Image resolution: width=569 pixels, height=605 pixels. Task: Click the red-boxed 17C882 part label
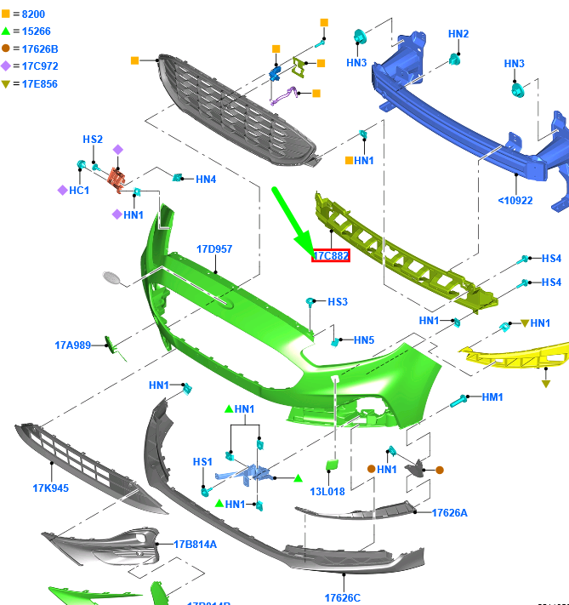(331, 255)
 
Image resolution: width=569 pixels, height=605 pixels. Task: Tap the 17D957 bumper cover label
(214, 249)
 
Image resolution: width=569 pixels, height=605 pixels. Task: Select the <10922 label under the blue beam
(515, 201)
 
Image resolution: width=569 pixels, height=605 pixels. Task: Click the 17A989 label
(74, 345)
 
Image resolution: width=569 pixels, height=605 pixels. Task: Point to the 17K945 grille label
(51, 488)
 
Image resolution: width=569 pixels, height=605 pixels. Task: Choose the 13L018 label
(327, 492)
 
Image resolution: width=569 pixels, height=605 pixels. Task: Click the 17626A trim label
(450, 512)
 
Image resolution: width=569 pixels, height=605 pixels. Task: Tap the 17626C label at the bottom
(342, 597)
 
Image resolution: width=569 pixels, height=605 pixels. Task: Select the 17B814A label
(195, 545)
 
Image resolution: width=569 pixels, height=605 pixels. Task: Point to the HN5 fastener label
(363, 340)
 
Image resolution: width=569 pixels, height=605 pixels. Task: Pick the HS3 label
(338, 301)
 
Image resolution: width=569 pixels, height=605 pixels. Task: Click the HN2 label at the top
(458, 34)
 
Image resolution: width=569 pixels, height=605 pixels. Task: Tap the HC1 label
(78, 191)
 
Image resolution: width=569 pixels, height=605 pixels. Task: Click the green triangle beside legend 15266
(6, 31)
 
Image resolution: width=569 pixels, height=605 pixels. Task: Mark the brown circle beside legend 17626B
(6, 49)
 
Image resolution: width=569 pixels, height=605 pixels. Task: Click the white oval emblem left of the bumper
(113, 277)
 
